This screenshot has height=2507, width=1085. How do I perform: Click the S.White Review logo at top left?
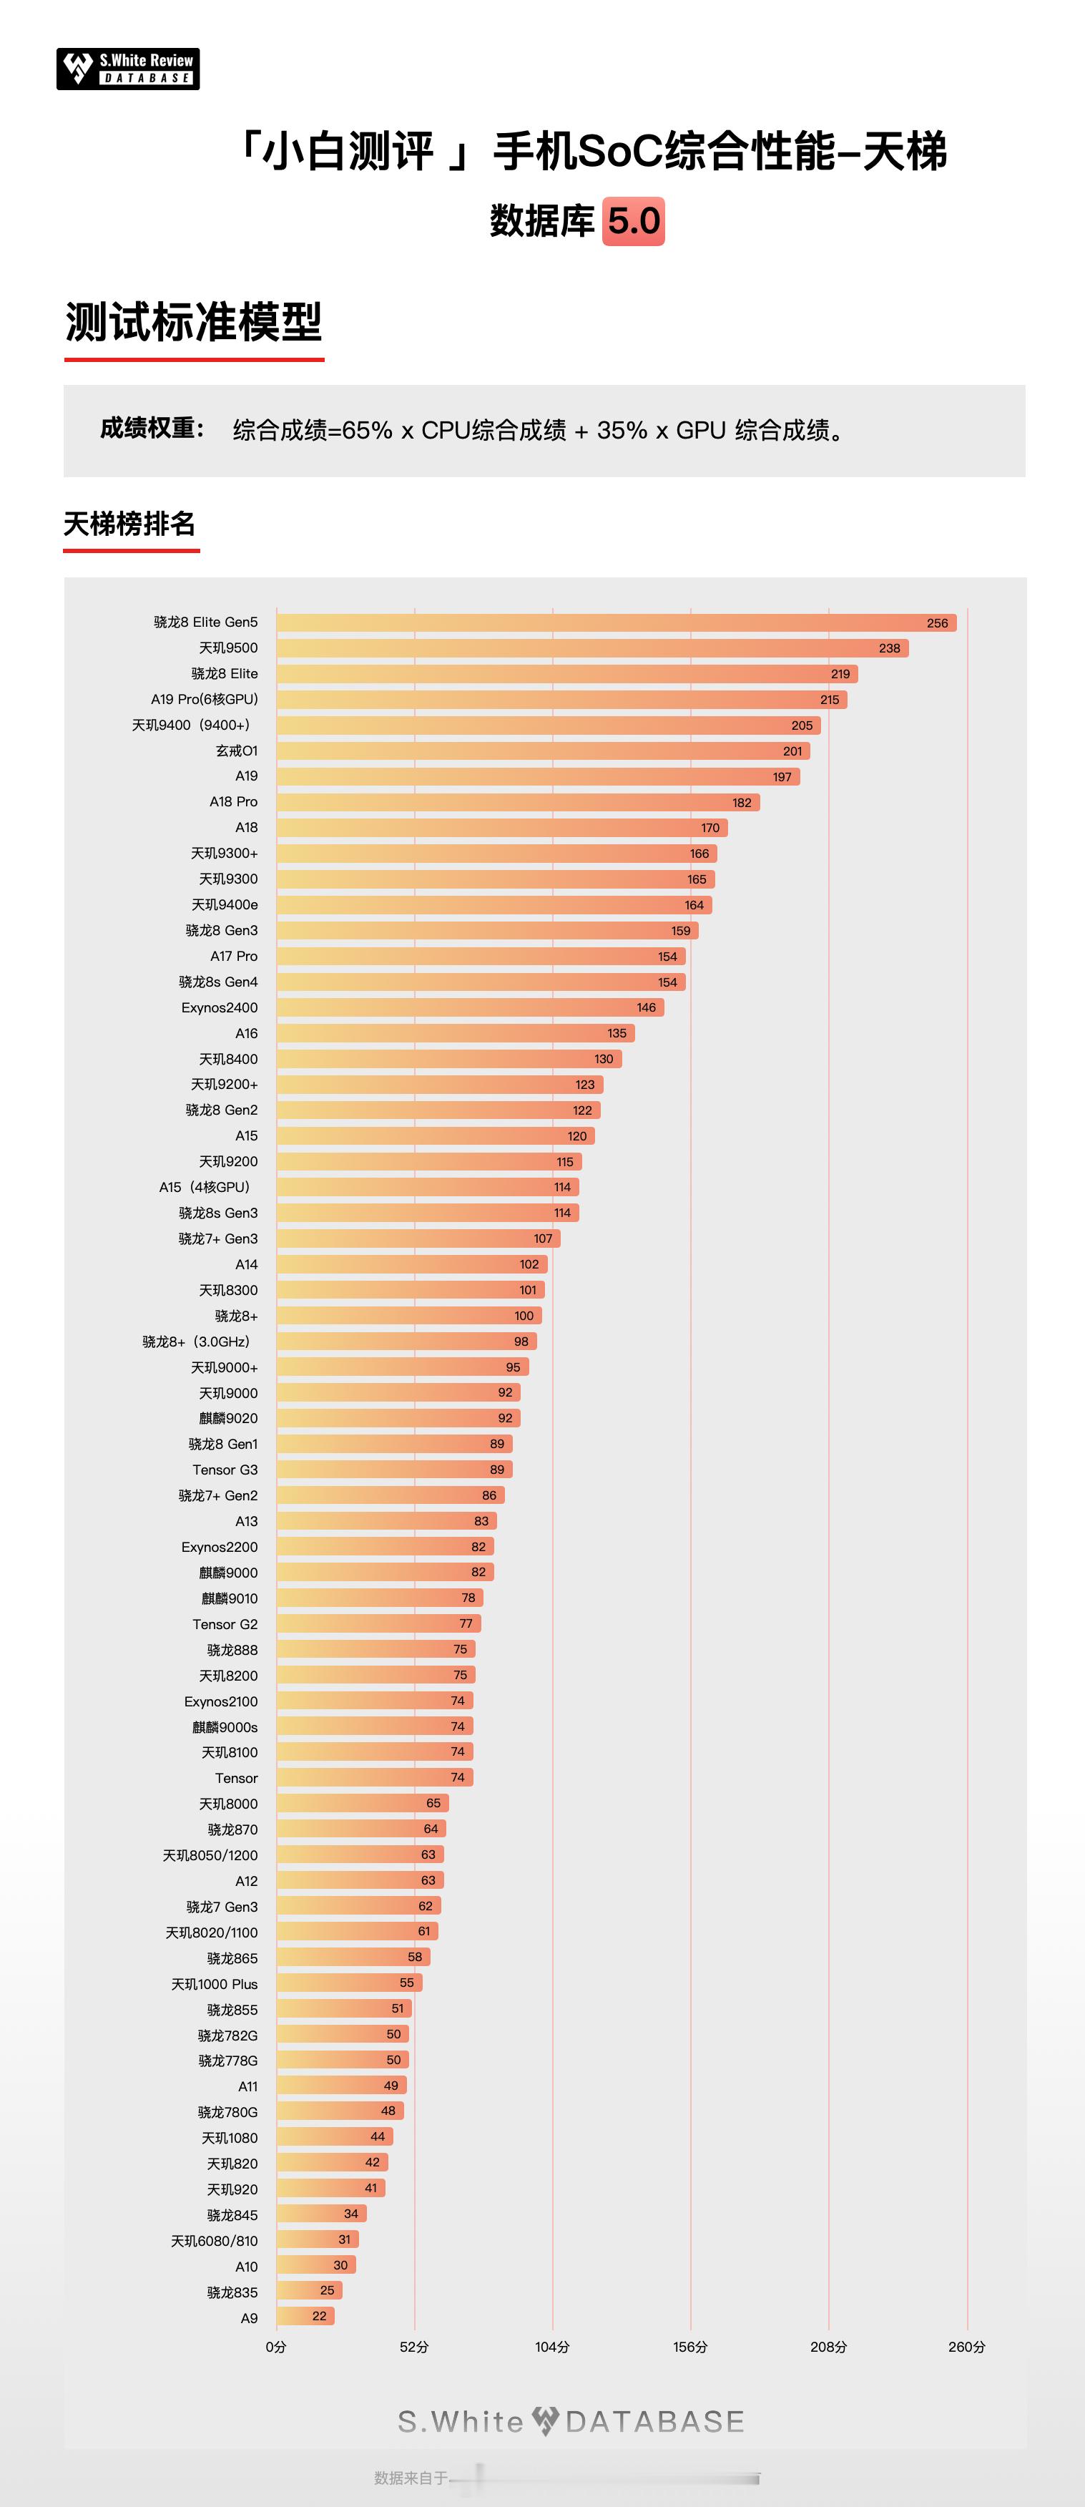point(127,69)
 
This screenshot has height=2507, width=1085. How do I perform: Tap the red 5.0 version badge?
point(634,221)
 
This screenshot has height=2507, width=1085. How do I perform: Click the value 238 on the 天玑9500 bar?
point(890,648)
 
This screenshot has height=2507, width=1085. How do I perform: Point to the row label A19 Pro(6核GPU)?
point(205,700)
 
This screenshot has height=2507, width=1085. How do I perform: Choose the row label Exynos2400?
point(219,1008)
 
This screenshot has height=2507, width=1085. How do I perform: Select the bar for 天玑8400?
point(448,1059)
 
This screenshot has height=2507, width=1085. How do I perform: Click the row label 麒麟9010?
point(229,1598)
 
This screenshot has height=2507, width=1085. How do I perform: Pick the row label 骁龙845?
point(232,2215)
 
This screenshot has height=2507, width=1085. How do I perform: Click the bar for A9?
point(303,2317)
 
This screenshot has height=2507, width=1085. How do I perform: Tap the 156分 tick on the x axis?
point(690,2347)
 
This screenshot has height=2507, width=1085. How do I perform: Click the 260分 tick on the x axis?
point(966,2347)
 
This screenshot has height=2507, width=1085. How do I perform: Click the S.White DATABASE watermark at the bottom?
point(571,2421)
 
